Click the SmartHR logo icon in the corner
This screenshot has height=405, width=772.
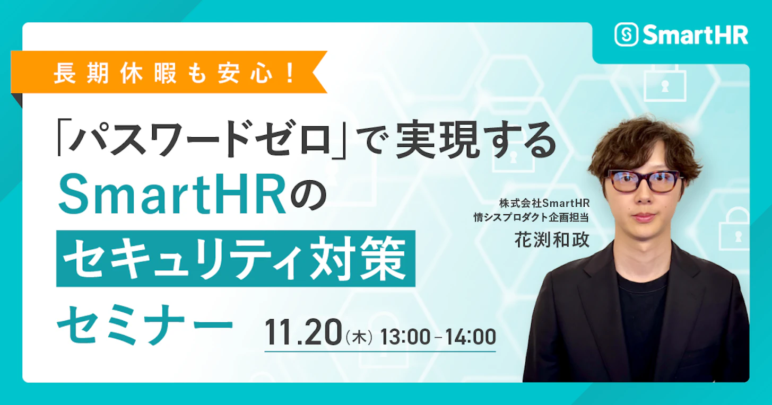tap(626, 34)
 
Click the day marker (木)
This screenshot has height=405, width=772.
tap(360, 337)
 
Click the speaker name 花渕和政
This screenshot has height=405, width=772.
tap(552, 240)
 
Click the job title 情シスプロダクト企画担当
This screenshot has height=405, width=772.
tap(532, 216)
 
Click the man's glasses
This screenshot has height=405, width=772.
tap(642, 181)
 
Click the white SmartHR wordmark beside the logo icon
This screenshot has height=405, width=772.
tap(695, 35)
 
